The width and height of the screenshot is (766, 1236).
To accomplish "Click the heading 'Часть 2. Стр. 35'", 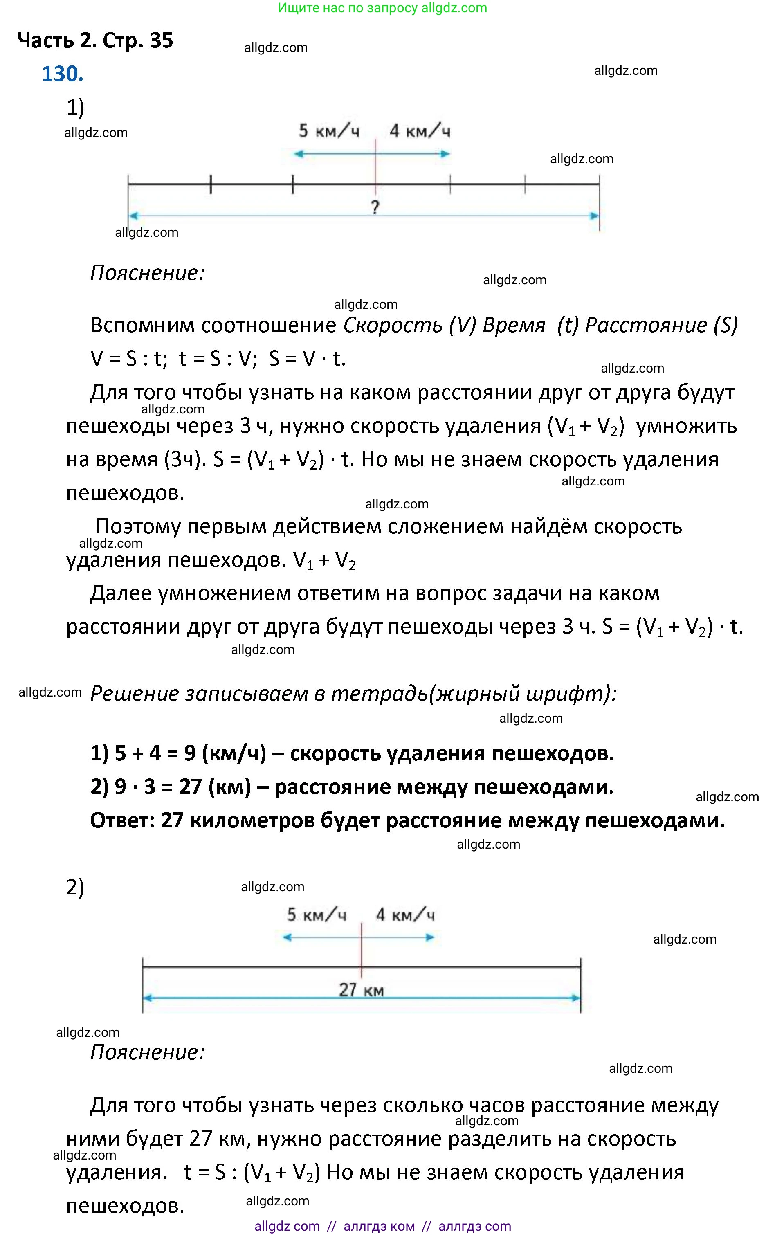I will [x=95, y=40].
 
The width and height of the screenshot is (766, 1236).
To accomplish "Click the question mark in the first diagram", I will [x=375, y=207].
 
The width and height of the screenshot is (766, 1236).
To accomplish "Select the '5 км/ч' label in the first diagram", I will [x=329, y=131].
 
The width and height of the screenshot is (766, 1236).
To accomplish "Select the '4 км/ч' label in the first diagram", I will [x=420, y=131].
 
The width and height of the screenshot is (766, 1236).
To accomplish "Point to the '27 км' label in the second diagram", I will [x=361, y=989].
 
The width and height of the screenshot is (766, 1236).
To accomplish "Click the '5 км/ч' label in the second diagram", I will [x=317, y=915].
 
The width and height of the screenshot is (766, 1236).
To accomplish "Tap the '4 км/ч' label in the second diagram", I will [x=405, y=915].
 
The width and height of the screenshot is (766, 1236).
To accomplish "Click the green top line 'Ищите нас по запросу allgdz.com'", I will [x=382, y=8].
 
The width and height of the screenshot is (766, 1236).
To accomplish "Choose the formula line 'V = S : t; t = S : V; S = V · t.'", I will [x=218, y=359].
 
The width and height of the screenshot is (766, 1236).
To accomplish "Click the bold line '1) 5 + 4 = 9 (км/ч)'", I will [x=352, y=753].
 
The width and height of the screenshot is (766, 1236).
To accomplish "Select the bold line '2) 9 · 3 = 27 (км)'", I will [x=352, y=787].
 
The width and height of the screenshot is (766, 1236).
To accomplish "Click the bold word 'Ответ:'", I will [x=121, y=820].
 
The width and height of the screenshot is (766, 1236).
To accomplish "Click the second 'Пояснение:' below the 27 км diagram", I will [x=147, y=1053].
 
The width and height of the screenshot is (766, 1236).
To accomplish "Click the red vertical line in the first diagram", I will [x=375, y=167].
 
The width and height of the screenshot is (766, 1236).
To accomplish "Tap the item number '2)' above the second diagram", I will [x=75, y=887].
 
